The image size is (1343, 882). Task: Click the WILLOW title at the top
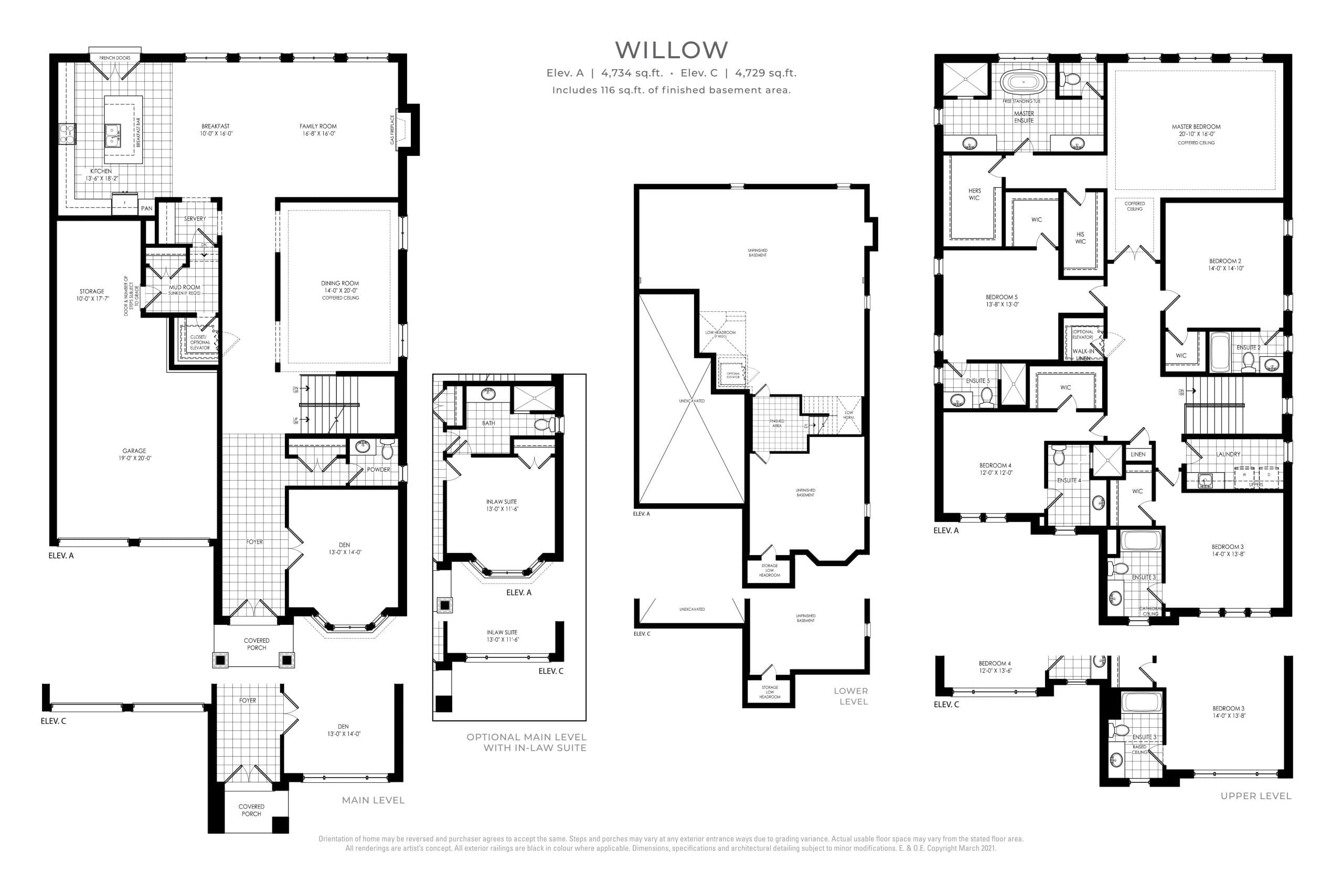coord(671,50)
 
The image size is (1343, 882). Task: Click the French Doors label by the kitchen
coord(114,58)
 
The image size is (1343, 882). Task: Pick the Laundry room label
coord(1228,454)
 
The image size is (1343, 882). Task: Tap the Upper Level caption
coord(1255,795)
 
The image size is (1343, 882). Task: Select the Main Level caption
coord(373,800)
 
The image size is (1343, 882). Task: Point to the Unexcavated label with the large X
coord(692,401)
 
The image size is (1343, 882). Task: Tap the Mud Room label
coord(185,287)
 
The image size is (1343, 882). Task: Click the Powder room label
coord(378,470)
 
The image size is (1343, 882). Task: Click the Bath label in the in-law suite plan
coord(488,423)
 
